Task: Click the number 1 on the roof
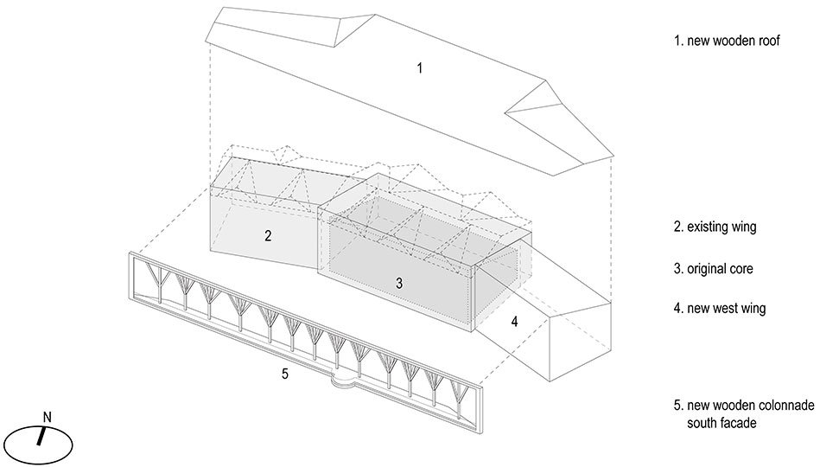tap(419, 68)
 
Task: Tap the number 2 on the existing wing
tap(268, 235)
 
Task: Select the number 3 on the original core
tap(399, 284)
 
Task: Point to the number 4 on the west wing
tap(515, 322)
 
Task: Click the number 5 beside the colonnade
tap(285, 374)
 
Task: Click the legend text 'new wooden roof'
tap(734, 41)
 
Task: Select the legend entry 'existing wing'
tap(721, 227)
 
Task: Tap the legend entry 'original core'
tap(720, 269)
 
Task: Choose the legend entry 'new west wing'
tap(727, 308)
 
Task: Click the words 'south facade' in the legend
tap(721, 423)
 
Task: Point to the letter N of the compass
tap(47, 417)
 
